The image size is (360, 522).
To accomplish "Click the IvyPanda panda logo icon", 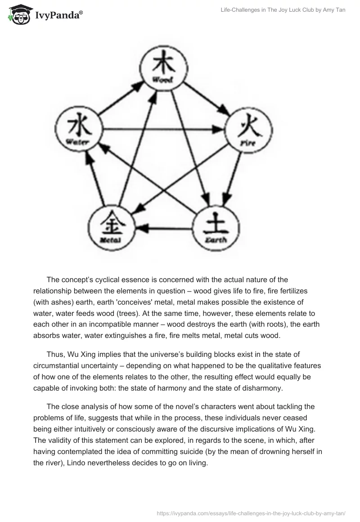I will pyautogui.click(x=18, y=14).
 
